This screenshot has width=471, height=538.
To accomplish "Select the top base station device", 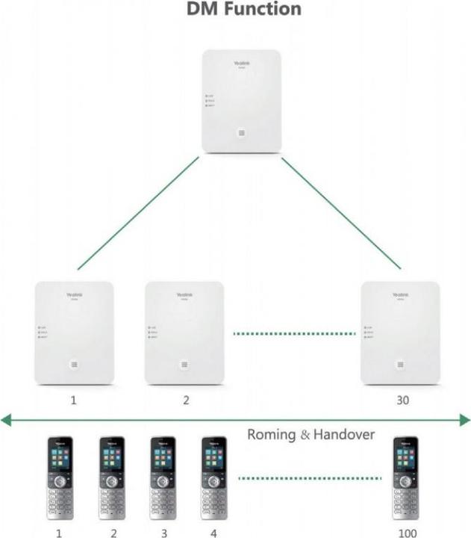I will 241,102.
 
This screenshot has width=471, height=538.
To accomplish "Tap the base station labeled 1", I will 74,333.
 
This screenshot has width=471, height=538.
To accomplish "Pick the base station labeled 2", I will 184,333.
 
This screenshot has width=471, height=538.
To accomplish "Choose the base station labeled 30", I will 402,333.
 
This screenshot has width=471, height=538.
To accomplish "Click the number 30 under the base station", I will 402,401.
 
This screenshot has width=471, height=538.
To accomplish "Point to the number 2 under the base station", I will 186,401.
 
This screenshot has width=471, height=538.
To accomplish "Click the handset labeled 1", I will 60,478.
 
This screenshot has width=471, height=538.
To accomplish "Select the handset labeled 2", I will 113,478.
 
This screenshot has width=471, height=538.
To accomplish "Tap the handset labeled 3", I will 163,478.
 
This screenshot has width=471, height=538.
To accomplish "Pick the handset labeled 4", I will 214,478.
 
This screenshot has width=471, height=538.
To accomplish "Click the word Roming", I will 272,433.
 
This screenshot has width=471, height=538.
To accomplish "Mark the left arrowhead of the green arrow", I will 6,421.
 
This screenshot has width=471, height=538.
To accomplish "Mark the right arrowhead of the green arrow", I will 465,421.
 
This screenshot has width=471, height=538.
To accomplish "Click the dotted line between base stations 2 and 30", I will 293,333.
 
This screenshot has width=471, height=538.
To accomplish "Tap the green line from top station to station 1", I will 138,213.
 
